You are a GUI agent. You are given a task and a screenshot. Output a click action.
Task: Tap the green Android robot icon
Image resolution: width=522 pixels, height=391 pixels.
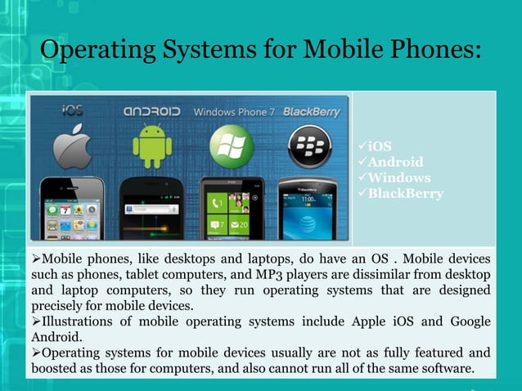point(152,146)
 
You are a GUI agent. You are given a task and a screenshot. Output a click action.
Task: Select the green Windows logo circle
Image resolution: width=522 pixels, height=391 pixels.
point(231,146)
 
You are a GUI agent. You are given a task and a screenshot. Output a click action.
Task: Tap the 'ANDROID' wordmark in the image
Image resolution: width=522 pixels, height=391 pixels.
point(152,110)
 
